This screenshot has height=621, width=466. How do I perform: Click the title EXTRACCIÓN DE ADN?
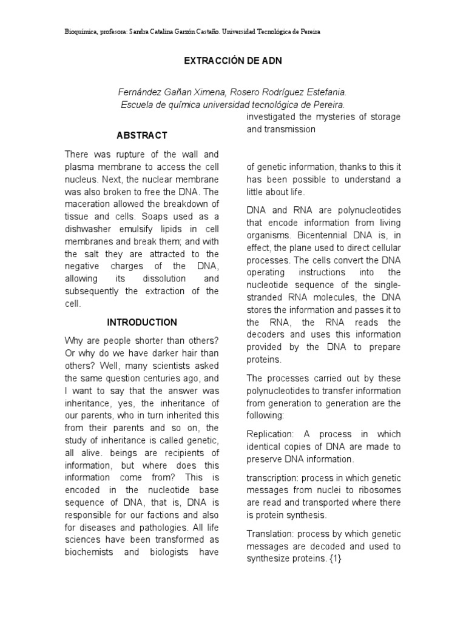[x=232, y=62]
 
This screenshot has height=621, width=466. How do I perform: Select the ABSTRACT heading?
[x=142, y=135]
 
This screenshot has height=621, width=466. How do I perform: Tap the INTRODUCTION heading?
[x=142, y=323]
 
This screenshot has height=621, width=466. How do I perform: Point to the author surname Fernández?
[x=138, y=92]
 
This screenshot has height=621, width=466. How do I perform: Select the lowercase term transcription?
[x=273, y=477]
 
